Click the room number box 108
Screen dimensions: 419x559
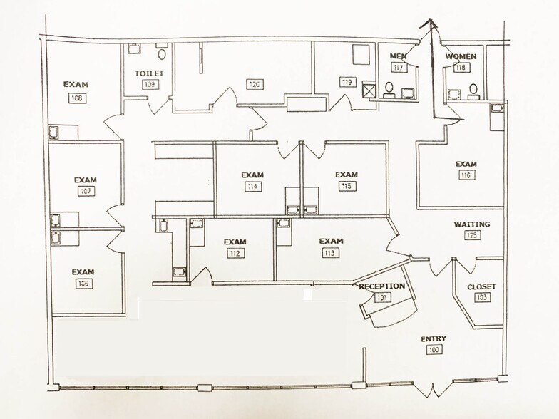[76, 98]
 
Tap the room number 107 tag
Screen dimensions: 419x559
[86, 192]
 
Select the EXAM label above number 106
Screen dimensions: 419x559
[83, 271]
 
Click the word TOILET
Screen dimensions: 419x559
[149, 73]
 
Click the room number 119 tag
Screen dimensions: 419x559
[347, 82]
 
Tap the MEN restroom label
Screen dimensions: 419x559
[398, 56]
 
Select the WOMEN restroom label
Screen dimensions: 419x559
[461, 56]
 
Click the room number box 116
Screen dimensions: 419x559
[466, 175]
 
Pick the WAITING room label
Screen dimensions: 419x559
[472, 224]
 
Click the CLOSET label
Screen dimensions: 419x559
[481, 287]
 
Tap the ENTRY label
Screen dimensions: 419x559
[434, 339]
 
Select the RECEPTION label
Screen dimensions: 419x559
[382, 286]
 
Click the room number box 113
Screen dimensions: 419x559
[330, 253]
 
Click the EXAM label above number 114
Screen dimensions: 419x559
[252, 175]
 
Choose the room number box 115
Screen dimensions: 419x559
[346, 186]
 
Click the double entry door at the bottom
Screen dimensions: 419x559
[431, 390]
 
